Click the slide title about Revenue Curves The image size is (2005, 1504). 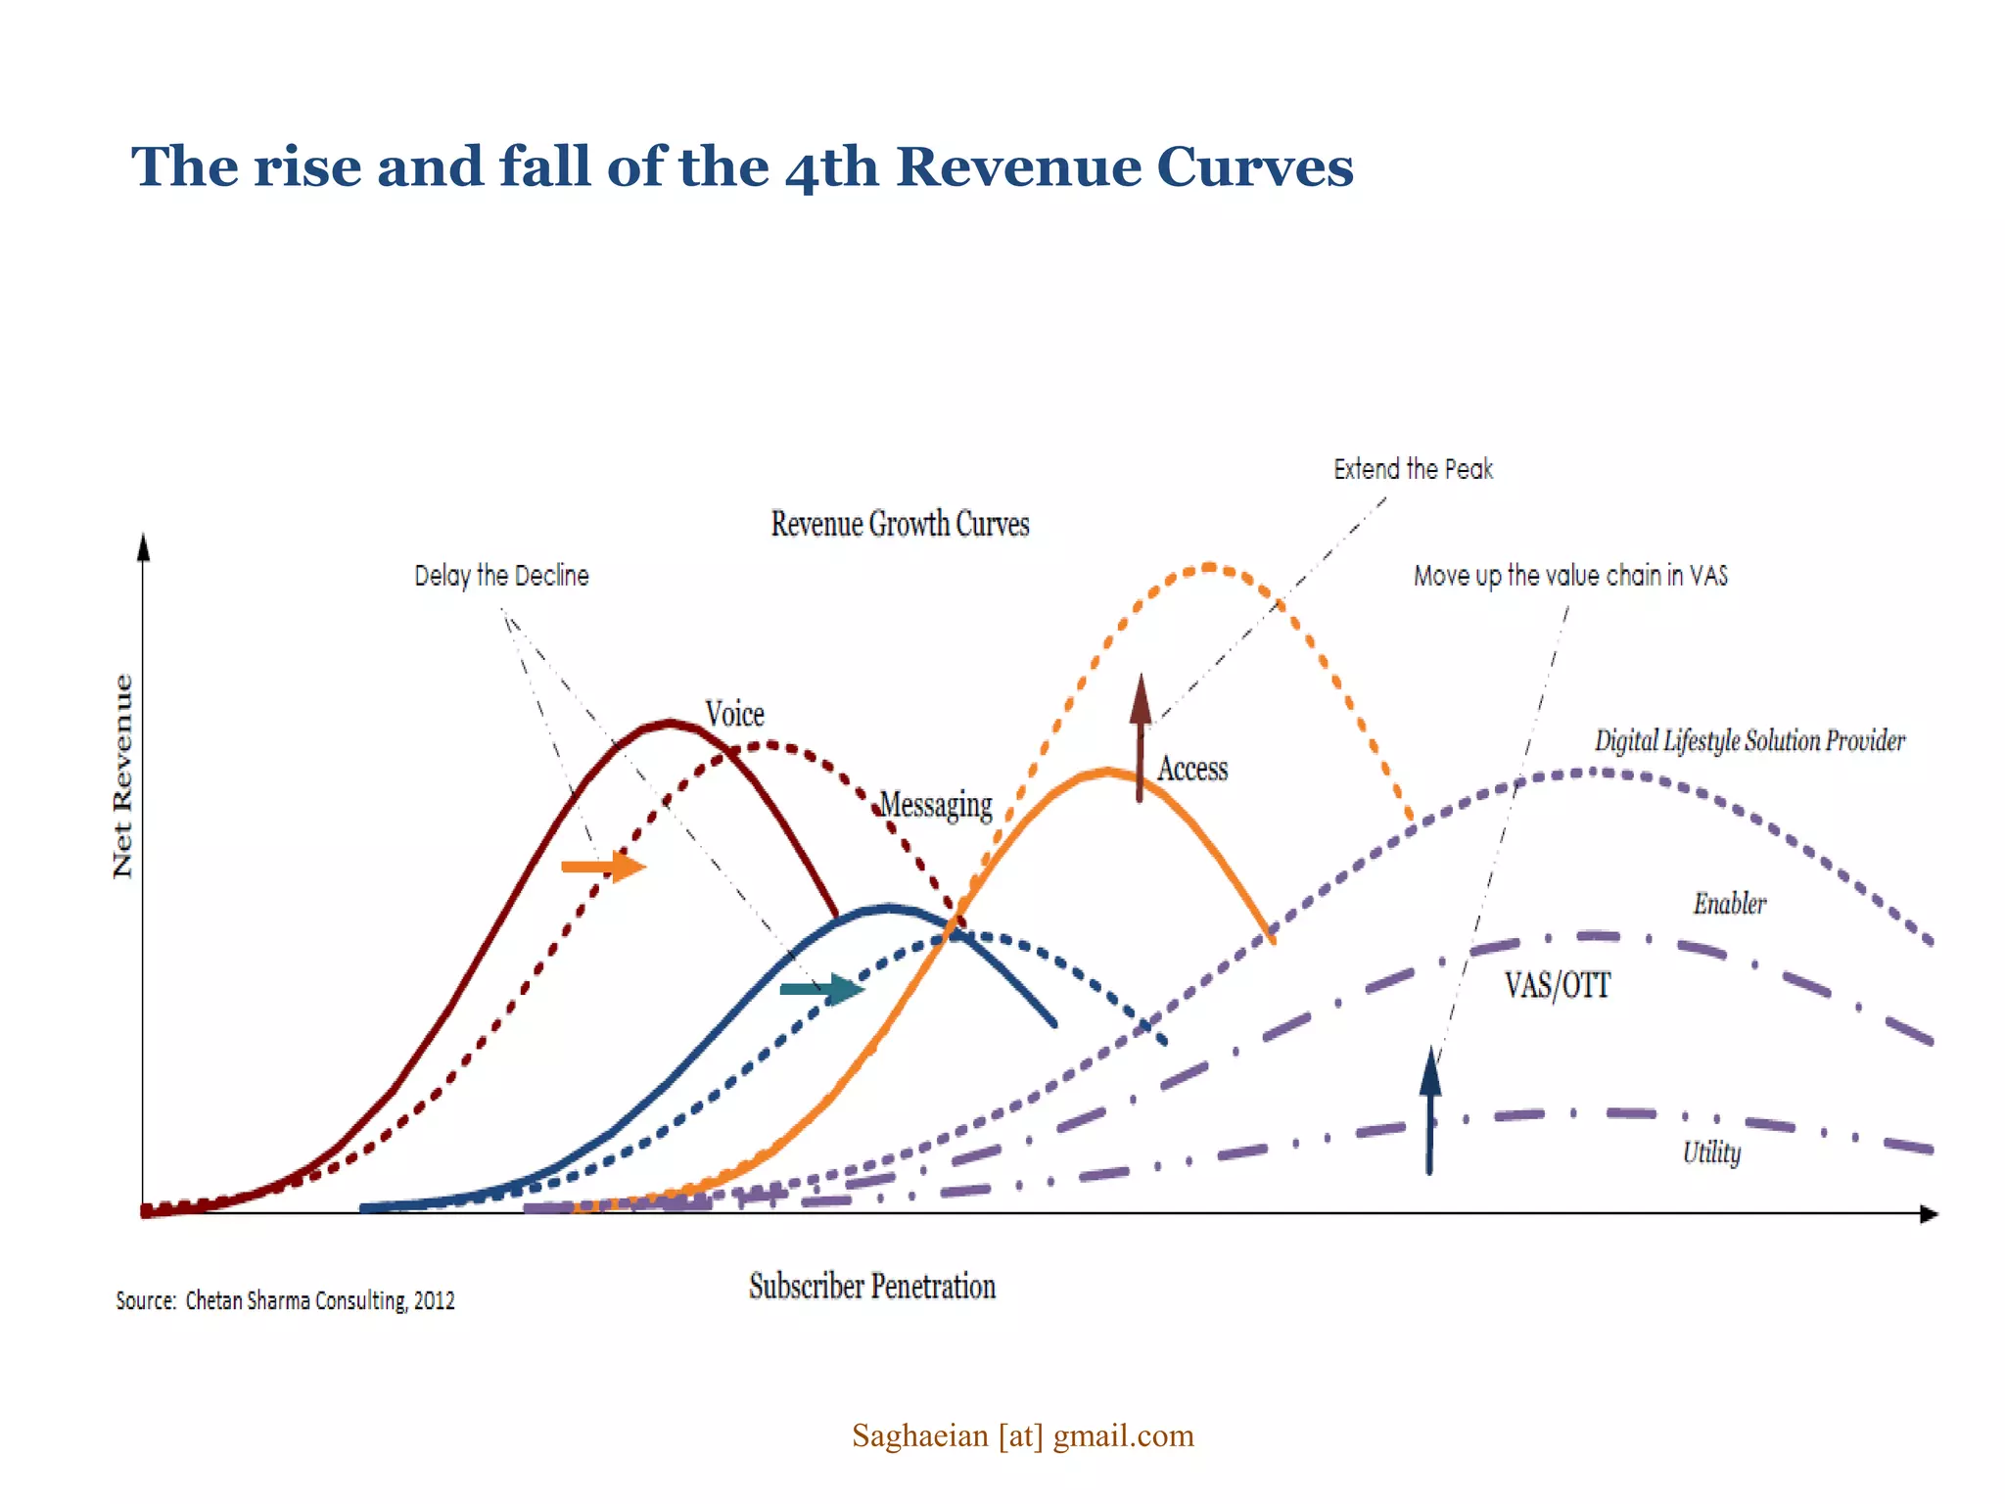[x=742, y=166]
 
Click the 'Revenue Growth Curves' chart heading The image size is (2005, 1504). [x=900, y=524]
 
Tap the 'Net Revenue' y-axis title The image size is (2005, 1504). [x=122, y=775]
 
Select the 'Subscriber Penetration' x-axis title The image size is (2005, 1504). [x=872, y=1286]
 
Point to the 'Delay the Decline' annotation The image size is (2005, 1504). [x=501, y=576]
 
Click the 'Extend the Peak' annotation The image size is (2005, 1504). [x=1413, y=470]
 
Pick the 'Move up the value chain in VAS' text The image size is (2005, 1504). [x=1570, y=576]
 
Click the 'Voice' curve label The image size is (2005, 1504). [x=734, y=714]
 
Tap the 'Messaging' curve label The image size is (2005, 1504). [x=936, y=805]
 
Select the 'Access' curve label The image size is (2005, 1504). [x=1192, y=770]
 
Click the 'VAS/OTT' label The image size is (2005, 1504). [x=1558, y=985]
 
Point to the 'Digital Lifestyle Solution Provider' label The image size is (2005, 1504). [x=1749, y=741]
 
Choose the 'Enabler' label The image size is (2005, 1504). [x=1730, y=904]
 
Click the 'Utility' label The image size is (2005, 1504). [x=1711, y=1152]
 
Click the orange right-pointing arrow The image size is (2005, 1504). [x=603, y=866]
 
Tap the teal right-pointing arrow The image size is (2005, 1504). [x=821, y=989]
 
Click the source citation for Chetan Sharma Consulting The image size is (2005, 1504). [x=285, y=1300]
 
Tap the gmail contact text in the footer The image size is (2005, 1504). [x=1023, y=1435]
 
